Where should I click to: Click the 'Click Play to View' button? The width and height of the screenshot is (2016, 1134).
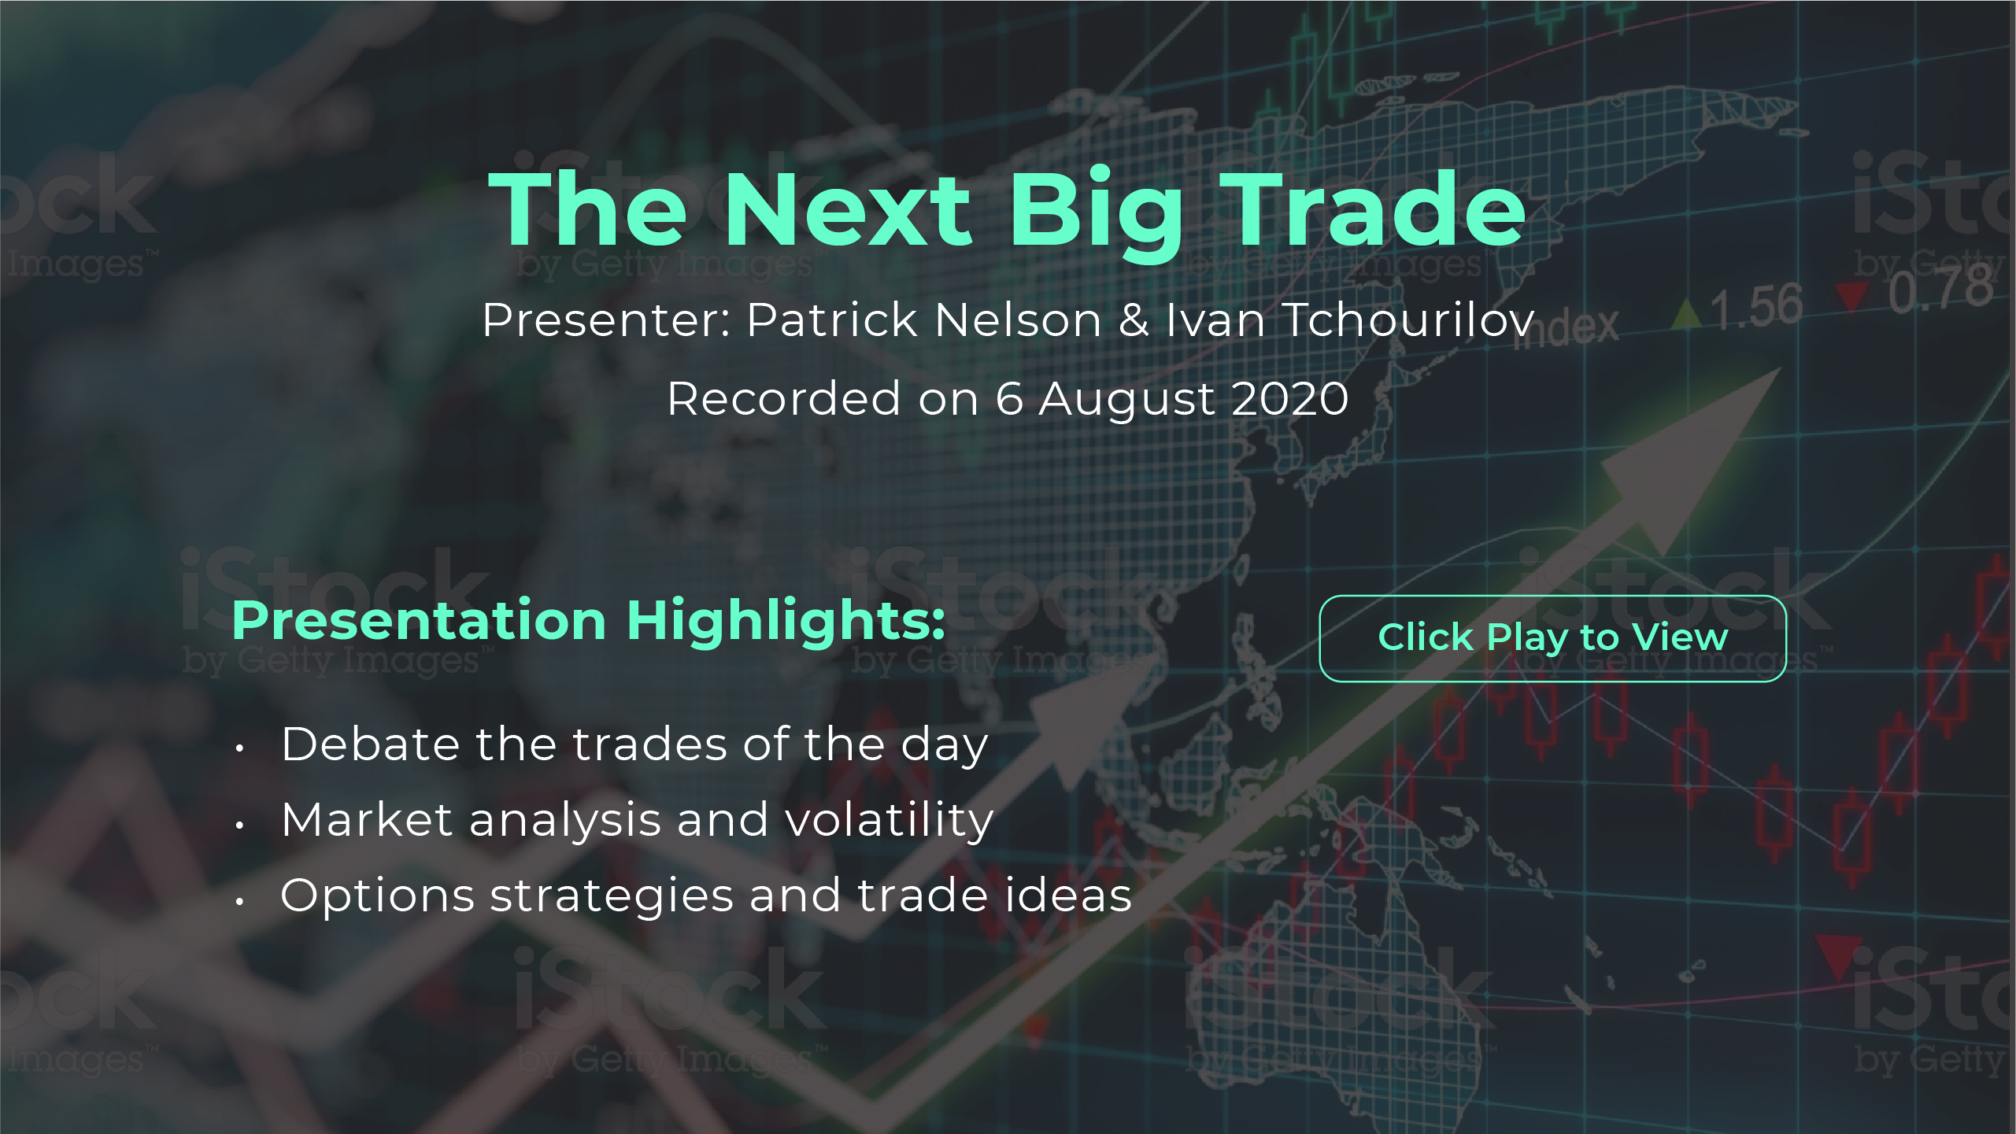[1552, 638]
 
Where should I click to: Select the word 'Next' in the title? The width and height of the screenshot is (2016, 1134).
[849, 209]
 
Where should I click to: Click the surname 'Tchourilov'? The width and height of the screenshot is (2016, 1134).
[1409, 320]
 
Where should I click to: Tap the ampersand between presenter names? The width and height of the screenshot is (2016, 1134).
[1134, 320]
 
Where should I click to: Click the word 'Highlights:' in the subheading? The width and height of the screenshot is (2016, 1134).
[786, 622]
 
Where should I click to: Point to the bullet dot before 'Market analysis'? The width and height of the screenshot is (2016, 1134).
[239, 825]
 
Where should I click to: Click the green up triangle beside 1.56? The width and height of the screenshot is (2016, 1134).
[1686, 314]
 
